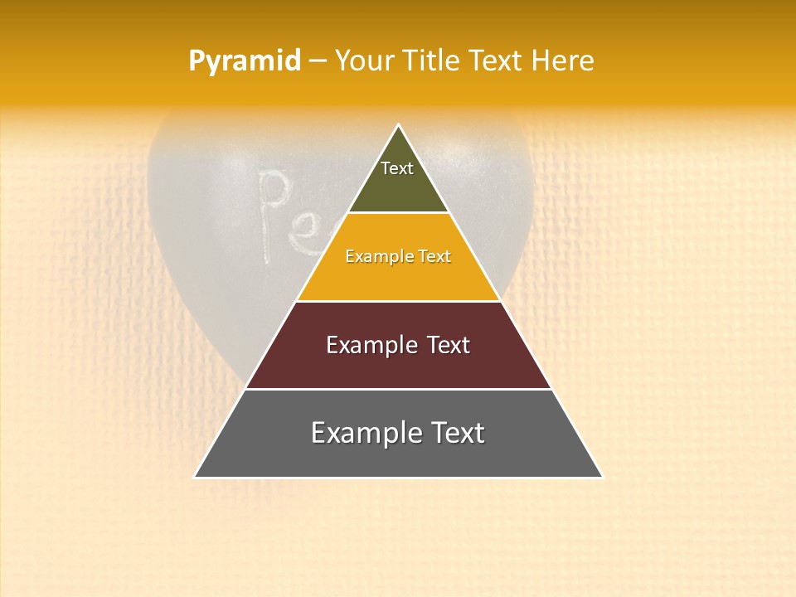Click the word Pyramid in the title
[245, 61]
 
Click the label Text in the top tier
[397, 168]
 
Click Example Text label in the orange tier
[398, 256]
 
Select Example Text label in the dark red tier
[398, 345]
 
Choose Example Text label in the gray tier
[398, 433]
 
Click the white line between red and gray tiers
[398, 389]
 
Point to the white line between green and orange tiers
[398, 213]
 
